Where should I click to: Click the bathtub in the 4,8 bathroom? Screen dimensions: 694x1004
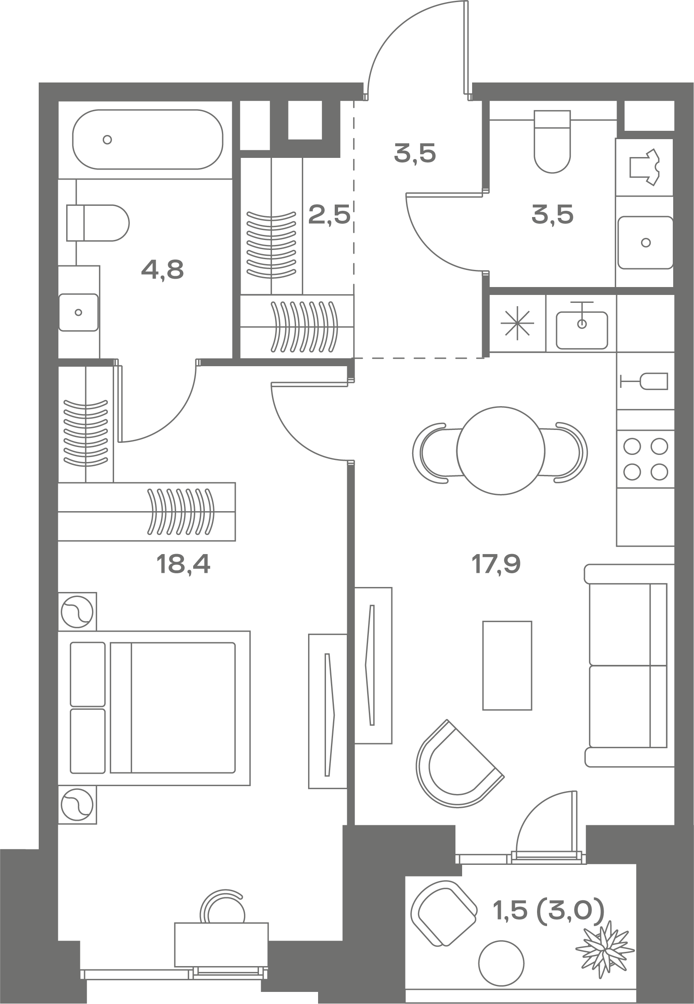[x=147, y=139]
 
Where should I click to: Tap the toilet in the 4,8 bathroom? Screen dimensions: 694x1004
[x=98, y=223]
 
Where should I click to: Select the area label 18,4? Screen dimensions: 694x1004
[x=183, y=564]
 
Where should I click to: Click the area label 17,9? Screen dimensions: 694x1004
[x=496, y=564]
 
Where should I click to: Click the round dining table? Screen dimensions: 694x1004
[x=500, y=451]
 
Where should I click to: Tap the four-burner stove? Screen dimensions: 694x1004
[x=645, y=460]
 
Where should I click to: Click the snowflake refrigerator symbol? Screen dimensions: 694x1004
[x=517, y=323]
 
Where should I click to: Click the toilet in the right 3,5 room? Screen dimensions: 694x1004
[x=552, y=141]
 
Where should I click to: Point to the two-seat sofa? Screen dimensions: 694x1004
[x=629, y=666]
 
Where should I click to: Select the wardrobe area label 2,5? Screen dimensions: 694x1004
[x=329, y=215]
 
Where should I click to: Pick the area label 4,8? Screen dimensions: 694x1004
[x=162, y=270]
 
